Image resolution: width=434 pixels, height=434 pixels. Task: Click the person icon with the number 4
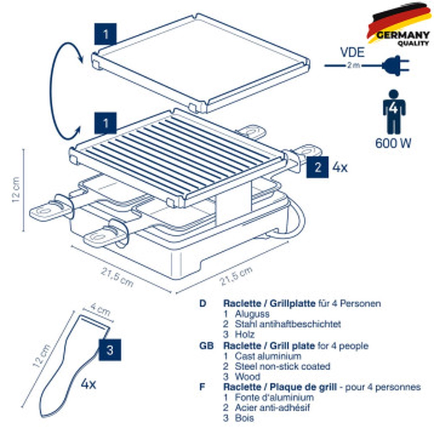pos(394,111)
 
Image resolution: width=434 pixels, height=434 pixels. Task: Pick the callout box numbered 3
pos(110,350)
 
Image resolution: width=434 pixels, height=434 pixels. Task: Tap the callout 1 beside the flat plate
pos(105,34)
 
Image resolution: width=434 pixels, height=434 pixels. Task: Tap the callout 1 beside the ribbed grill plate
pos(105,123)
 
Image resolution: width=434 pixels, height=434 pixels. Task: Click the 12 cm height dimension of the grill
pos(16,190)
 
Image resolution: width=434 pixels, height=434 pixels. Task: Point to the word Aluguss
pos(252,314)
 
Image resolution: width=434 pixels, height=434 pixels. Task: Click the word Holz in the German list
pos(244,335)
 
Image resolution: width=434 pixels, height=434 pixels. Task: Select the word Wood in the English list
pos(247,377)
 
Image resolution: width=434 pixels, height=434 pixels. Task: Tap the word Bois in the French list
pos(244,418)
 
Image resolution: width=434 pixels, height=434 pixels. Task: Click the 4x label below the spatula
pos(89,384)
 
